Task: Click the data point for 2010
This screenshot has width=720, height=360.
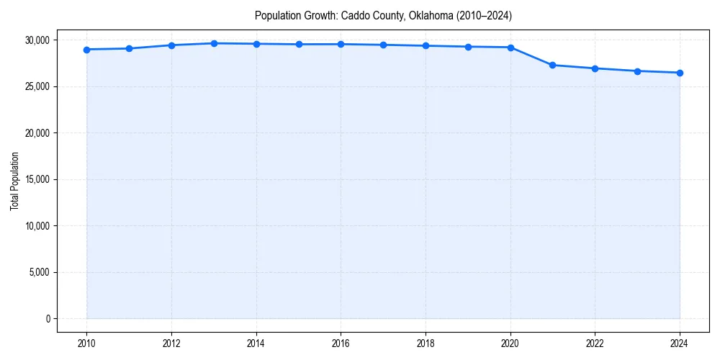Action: coord(86,50)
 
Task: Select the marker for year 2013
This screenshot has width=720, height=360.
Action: coord(214,43)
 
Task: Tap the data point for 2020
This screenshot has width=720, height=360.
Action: coord(510,48)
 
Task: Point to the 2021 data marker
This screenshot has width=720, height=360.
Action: coord(552,65)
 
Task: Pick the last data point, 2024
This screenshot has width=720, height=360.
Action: coord(680,73)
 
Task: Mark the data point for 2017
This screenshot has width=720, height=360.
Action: coord(383,45)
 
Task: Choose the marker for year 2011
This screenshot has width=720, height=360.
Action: coord(129,48)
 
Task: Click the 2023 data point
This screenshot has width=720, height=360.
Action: coord(637,71)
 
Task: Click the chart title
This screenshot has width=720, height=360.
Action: coord(383,16)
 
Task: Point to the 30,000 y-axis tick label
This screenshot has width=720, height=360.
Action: coord(37,40)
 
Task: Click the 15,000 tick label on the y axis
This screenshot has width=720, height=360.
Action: coord(37,179)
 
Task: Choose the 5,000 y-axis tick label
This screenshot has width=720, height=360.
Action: coord(40,272)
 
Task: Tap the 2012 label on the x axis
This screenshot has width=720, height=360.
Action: coord(171,343)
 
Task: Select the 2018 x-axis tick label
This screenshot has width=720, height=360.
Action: coord(426,343)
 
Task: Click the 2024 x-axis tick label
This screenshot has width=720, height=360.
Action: coord(680,343)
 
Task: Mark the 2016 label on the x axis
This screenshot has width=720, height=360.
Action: coord(341,343)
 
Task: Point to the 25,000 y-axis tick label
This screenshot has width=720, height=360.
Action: coord(37,86)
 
